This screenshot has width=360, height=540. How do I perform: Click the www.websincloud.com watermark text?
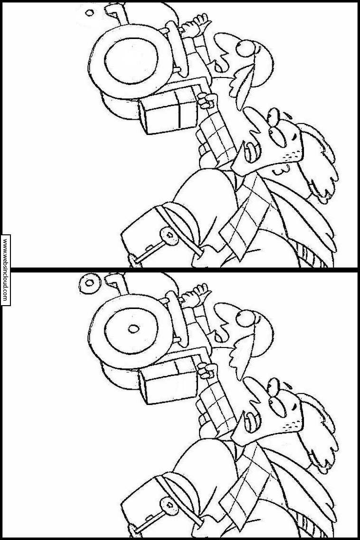[x=5, y=270]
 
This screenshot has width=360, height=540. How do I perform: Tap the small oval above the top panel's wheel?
[x=89, y=13]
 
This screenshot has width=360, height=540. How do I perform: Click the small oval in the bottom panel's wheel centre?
[x=133, y=328]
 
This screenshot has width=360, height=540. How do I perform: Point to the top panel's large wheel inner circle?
[x=131, y=61]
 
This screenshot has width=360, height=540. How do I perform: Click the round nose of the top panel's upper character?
[x=246, y=48]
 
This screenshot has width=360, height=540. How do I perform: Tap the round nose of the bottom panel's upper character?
[x=246, y=318]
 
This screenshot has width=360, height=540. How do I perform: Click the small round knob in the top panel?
[x=169, y=236]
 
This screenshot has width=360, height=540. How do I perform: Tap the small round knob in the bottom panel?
[x=169, y=505]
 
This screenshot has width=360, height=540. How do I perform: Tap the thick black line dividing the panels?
[x=180, y=268]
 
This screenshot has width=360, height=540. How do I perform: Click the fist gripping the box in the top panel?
[x=207, y=101]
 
